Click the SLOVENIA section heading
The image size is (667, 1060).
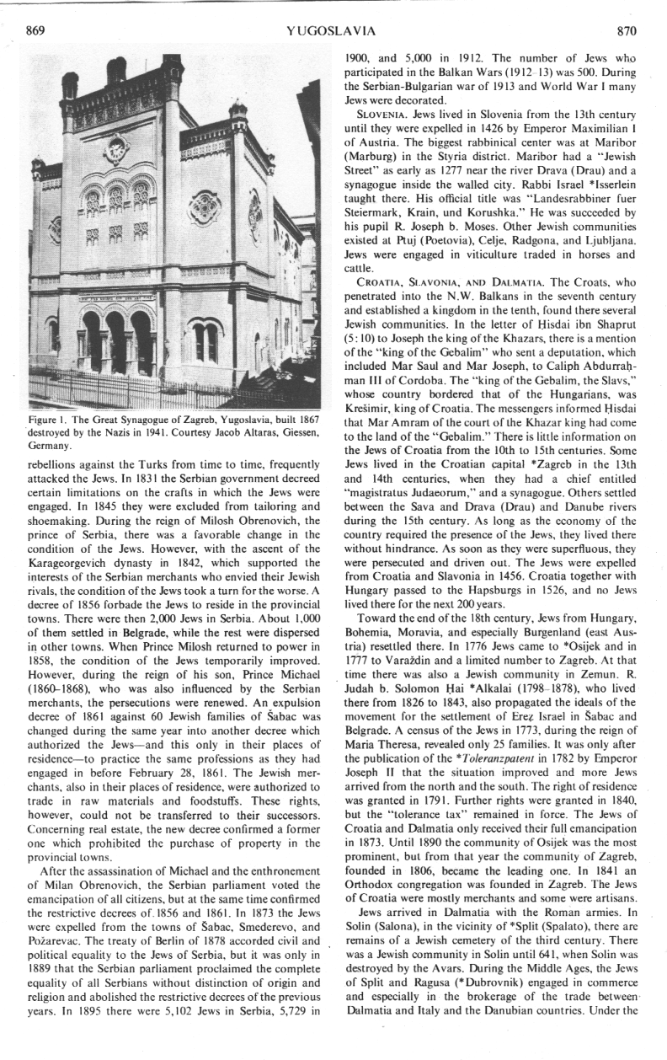pyautogui.click(x=383, y=110)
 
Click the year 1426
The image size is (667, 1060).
pyautogui.click(x=483, y=123)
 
